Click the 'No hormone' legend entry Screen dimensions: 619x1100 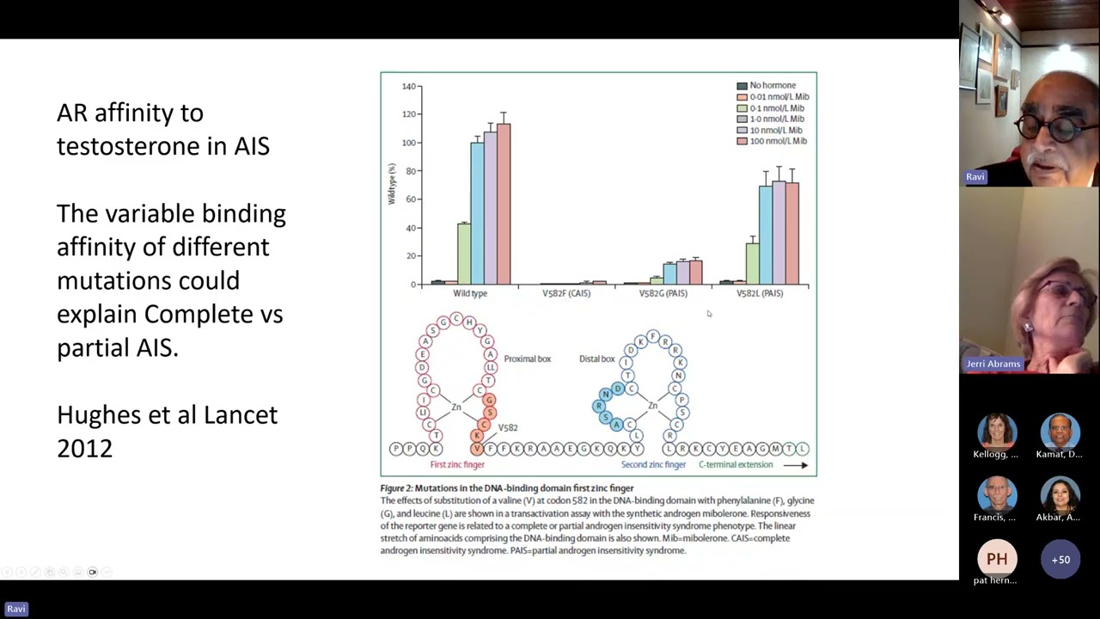pos(772,85)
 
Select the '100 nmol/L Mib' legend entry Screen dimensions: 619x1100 pos(777,141)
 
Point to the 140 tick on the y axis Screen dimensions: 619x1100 pos(408,86)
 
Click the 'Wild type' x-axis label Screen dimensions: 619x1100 pos(470,293)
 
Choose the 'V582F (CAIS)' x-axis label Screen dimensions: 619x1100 pos(566,293)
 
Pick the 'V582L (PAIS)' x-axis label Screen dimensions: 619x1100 pos(760,293)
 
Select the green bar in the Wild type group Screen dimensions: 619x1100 pos(464,254)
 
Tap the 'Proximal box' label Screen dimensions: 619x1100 pos(527,359)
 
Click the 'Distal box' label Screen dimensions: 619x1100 pos(596,359)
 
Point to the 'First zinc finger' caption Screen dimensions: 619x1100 pos(457,465)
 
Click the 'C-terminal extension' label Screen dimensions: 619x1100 pos(736,465)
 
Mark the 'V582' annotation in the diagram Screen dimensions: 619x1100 pos(508,427)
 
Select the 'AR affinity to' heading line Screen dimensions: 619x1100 pos(130,113)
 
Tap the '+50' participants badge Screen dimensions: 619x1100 pos(1060,560)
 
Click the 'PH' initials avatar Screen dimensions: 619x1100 pos(997,560)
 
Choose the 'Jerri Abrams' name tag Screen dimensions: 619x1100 pos(993,364)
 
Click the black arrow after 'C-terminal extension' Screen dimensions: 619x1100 pos(796,465)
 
